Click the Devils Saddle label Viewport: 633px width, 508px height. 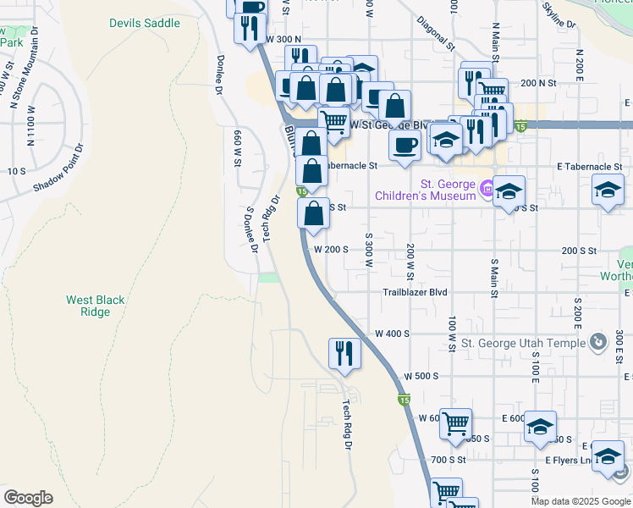(145, 23)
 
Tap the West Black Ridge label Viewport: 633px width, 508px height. (89, 306)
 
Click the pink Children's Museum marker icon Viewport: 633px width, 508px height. (487, 187)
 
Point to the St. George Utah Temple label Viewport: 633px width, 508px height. (523, 343)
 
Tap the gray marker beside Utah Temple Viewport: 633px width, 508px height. (598, 342)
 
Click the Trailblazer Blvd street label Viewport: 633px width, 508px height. (414, 292)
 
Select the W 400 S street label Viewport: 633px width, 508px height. (392, 334)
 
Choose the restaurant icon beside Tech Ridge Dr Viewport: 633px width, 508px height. (344, 351)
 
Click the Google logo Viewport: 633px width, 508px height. (28, 498)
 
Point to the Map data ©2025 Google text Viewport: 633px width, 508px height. (580, 501)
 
